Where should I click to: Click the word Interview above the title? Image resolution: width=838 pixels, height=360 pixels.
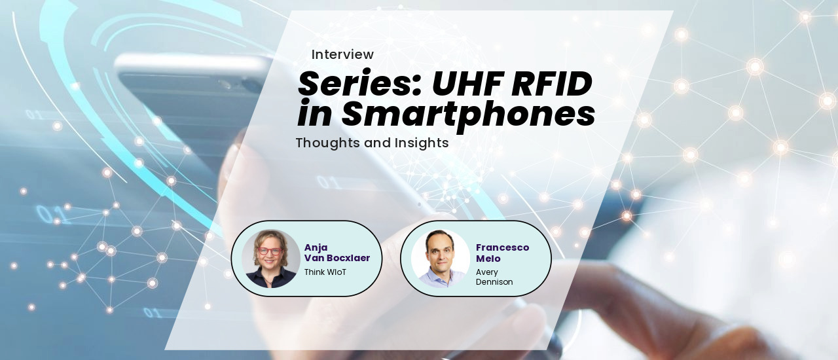click(342, 55)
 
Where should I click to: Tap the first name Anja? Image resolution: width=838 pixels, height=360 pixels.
click(316, 247)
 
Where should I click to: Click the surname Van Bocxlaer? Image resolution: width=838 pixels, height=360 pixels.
click(337, 258)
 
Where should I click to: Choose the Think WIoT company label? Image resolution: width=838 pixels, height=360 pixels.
click(325, 272)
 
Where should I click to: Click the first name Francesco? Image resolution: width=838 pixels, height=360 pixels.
click(502, 247)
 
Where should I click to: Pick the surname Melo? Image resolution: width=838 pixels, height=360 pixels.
click(488, 258)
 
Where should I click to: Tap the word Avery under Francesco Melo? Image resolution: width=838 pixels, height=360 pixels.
click(487, 272)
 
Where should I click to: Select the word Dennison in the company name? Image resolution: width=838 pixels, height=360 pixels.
click(494, 282)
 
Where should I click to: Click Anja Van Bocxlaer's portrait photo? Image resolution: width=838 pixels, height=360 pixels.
click(270, 259)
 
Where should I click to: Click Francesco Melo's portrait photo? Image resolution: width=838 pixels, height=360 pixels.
click(441, 259)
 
